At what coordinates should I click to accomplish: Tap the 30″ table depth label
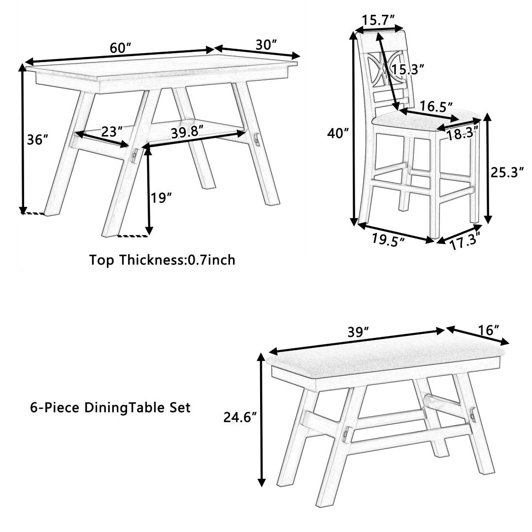(x=266, y=44)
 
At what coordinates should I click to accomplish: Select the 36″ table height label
(x=37, y=139)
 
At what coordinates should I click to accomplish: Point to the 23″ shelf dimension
(x=112, y=132)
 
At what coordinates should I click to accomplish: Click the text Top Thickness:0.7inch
(x=162, y=260)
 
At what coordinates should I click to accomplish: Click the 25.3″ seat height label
(x=506, y=172)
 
